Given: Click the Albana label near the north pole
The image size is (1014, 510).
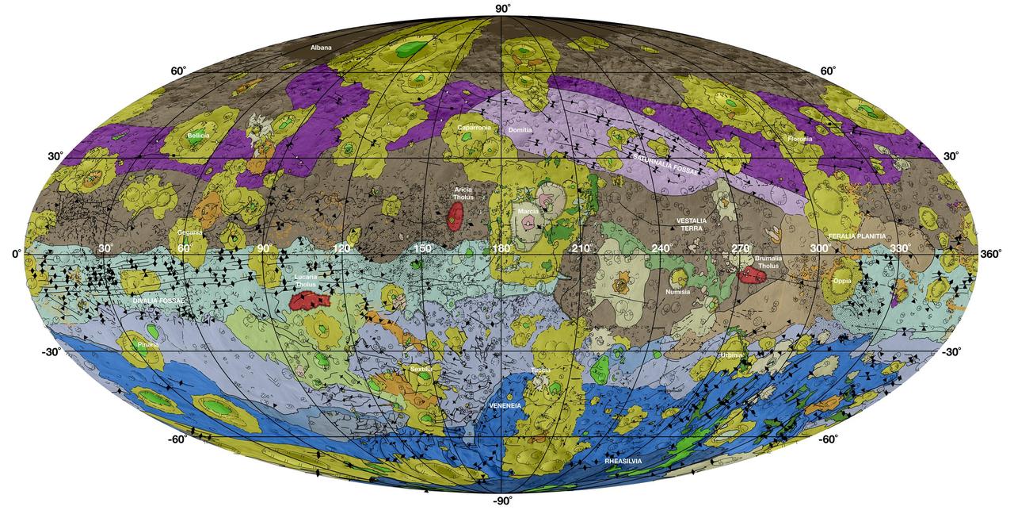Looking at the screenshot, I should (x=321, y=48).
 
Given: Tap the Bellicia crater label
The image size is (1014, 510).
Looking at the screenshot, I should (x=198, y=136).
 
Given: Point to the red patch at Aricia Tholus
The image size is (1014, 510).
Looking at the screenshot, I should (x=454, y=217).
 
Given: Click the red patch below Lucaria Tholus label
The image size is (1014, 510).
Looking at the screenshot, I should (x=310, y=301).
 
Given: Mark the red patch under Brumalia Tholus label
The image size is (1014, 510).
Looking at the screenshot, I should (x=751, y=274).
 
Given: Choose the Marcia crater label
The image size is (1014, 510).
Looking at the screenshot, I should (x=528, y=212).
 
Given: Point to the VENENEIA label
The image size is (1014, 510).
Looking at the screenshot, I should (x=505, y=405).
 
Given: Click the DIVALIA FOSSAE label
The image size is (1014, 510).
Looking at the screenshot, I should (x=158, y=301).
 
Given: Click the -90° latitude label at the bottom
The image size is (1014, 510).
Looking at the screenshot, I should (x=502, y=501).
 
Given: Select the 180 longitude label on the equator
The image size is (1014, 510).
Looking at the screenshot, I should (x=501, y=249).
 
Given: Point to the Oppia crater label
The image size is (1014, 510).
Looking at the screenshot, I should (x=842, y=281).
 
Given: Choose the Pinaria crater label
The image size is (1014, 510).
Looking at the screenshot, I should (x=147, y=346).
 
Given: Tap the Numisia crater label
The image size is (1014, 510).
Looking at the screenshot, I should (x=678, y=292).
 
